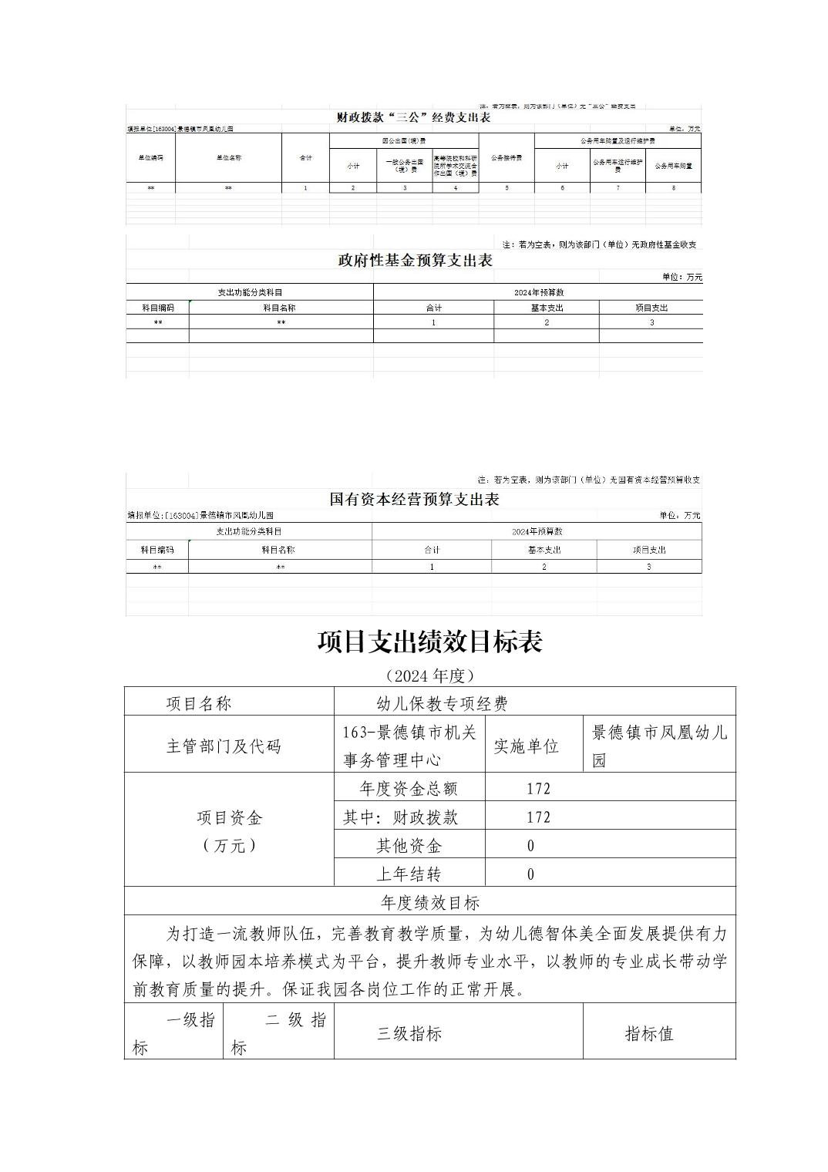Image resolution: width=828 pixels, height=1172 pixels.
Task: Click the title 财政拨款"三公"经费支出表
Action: click(414, 118)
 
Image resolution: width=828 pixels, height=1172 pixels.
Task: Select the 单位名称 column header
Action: click(228, 157)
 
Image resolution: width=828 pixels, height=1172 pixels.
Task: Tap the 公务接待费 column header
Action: click(506, 157)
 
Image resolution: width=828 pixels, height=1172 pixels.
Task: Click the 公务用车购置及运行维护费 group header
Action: click(618, 141)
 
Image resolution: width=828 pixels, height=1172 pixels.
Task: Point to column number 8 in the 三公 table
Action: click(673, 188)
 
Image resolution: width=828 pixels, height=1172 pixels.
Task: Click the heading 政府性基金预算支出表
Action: click(415, 261)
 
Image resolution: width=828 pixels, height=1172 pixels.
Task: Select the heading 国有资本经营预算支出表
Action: click(414, 500)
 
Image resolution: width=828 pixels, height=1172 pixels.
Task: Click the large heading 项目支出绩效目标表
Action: click(429, 642)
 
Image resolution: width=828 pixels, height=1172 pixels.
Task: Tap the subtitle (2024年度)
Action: click(429, 676)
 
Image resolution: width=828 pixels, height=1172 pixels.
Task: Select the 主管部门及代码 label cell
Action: click(224, 746)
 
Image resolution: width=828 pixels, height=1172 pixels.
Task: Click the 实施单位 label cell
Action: click(526, 746)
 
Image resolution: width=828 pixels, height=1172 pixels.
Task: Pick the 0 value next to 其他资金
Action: click(530, 846)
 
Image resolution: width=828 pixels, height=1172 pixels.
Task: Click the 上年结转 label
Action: click(409, 874)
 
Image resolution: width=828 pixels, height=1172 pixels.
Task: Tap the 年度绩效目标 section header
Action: click(429, 903)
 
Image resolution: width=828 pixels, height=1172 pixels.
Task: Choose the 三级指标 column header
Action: click(409, 1034)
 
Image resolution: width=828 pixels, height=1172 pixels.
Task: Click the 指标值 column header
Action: click(648, 1034)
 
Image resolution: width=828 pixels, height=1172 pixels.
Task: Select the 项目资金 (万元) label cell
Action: click(229, 831)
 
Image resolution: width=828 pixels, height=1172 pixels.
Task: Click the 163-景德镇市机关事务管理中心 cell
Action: click(409, 746)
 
